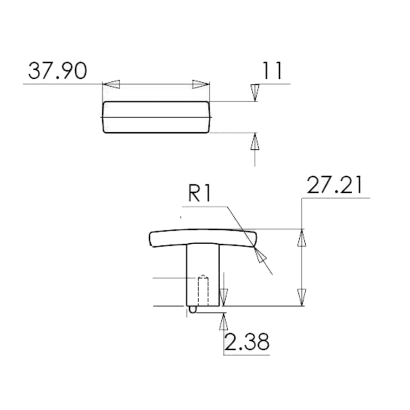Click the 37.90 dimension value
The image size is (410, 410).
click(x=57, y=71)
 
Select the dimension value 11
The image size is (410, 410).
click(x=272, y=71)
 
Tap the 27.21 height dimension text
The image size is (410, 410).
click(x=335, y=185)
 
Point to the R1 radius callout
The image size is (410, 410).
click(x=199, y=194)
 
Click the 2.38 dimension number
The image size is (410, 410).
click(x=247, y=342)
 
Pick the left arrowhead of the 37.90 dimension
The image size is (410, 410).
click(x=111, y=84)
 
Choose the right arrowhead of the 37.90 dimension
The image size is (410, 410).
click(x=201, y=84)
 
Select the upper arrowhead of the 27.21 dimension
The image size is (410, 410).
click(x=302, y=237)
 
